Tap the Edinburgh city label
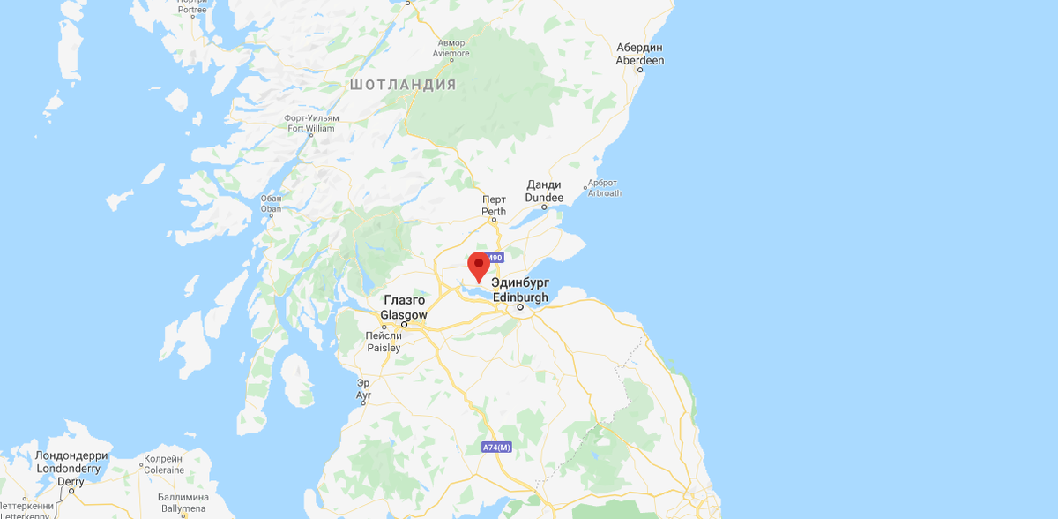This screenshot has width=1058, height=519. click(x=521, y=290)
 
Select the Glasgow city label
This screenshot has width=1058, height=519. click(x=404, y=308)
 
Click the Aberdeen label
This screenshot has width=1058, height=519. click(x=641, y=54)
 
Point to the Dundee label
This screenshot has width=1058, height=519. click(x=544, y=192)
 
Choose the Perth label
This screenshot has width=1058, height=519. click(x=494, y=206)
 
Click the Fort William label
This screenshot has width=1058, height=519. click(x=311, y=123)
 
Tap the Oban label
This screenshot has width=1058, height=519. click(x=272, y=204)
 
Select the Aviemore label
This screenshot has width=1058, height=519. click(x=451, y=48)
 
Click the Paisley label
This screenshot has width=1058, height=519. click(x=384, y=342)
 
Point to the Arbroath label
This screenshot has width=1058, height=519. click(x=604, y=188)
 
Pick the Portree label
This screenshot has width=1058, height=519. click(x=191, y=5)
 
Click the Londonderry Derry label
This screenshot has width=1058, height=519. click(x=71, y=468)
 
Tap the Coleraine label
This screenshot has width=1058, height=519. click(x=165, y=464)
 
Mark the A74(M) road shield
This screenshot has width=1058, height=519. click(x=496, y=448)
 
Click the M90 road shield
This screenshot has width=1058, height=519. click(x=494, y=258)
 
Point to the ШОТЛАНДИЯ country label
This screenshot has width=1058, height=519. click(x=403, y=85)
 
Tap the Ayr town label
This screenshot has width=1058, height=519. click(x=363, y=388)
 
